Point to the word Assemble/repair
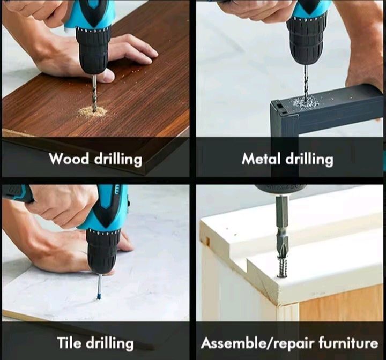pyautogui.click(x=255, y=343)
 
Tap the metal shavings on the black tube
pyautogui.click(x=306, y=102)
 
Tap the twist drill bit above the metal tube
pyautogui.click(x=306, y=80)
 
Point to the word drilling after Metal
pyautogui.click(x=309, y=159)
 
